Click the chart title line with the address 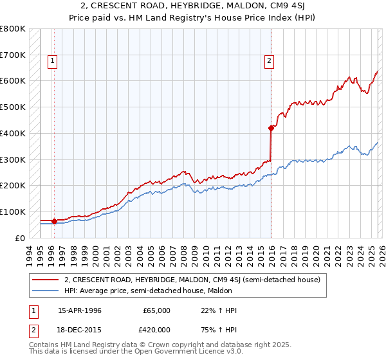[192, 6]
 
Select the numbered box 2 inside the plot [269, 62]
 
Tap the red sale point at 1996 [54, 221]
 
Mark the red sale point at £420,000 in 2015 [271, 128]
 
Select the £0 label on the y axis [20, 238]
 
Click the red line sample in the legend [46, 280]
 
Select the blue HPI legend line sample [46, 291]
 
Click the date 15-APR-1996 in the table [79, 310]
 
